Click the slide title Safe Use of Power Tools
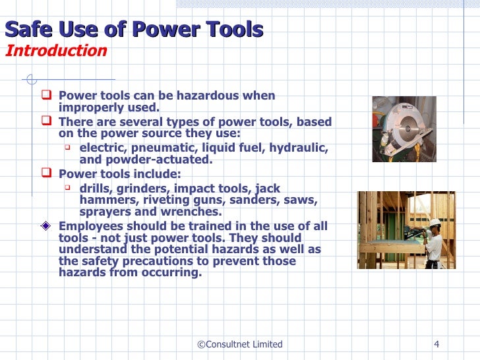pyautogui.click(x=135, y=30)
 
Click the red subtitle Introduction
pyautogui.click(x=56, y=51)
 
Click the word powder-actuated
pyautogui.click(x=146, y=160)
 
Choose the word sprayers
pyautogui.click(x=104, y=212)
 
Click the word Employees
pyautogui.click(x=92, y=226)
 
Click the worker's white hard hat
pyautogui.click(x=435, y=223)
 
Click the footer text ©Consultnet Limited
pyautogui.click(x=240, y=344)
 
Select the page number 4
pyautogui.click(x=436, y=344)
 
